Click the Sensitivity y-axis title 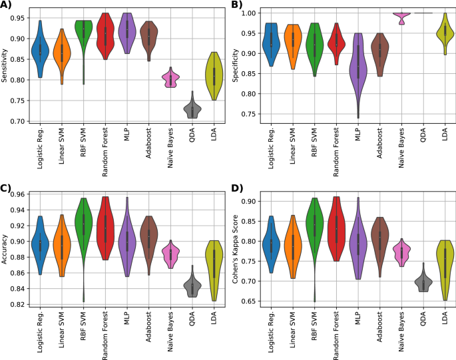[x=5, y=65]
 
